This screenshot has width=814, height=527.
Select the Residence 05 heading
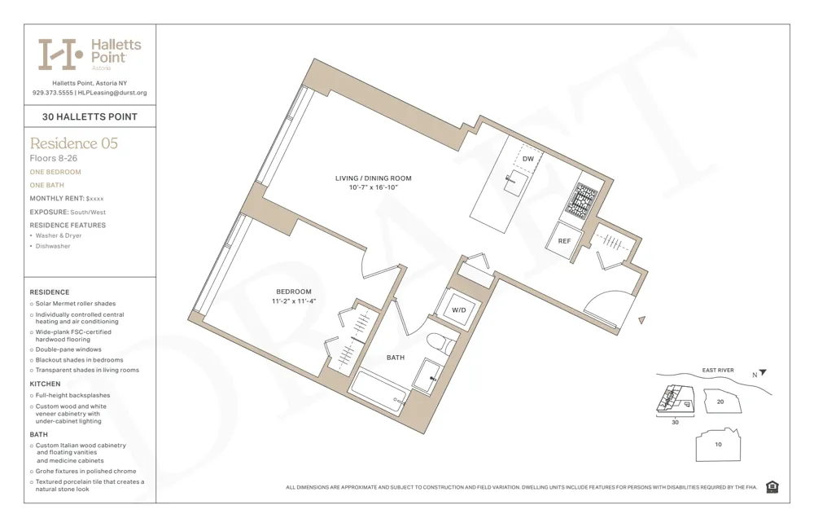pos(73,143)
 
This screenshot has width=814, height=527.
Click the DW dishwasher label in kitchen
pos(528,159)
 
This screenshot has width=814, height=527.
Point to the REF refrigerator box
pos(563,241)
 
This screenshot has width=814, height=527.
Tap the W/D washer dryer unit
pos(458,310)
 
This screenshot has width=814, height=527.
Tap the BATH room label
pos(396,358)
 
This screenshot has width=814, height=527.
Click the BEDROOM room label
pos(293,292)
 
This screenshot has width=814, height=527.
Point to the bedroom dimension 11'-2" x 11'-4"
pos(293,301)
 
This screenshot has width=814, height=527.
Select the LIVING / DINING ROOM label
pos(373,178)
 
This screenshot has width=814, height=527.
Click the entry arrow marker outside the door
pos(642,321)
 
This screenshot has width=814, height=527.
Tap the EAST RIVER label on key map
pos(718,371)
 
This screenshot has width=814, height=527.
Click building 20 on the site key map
pos(720,402)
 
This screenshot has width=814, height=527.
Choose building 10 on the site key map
pos(717,445)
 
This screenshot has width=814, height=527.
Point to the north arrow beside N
pos(763,373)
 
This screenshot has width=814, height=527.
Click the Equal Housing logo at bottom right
pos(772,487)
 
